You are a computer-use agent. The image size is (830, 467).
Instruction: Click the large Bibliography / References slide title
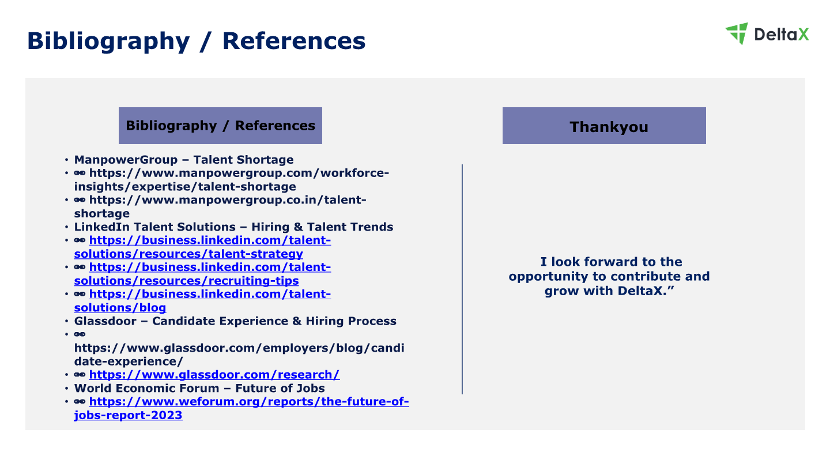tap(197, 41)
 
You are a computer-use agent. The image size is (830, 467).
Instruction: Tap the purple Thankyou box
tap(604, 126)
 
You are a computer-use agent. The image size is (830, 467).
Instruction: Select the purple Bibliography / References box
tap(220, 126)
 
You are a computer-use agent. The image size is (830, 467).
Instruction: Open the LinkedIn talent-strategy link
tap(202, 247)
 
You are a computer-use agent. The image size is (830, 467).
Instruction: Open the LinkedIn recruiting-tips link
tap(202, 274)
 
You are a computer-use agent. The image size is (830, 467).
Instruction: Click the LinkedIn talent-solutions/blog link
tap(202, 300)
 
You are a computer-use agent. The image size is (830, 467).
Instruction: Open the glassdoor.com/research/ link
tap(214, 375)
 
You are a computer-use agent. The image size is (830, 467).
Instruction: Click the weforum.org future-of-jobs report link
tap(241, 408)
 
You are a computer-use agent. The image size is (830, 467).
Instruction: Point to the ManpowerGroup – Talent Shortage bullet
tap(184, 160)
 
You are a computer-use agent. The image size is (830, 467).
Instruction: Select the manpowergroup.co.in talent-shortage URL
tap(220, 206)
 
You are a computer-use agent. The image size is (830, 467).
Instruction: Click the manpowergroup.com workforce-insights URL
tap(232, 180)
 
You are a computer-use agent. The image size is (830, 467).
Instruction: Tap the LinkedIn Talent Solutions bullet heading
tap(233, 227)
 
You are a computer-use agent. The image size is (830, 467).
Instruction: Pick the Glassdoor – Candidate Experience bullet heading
tap(235, 321)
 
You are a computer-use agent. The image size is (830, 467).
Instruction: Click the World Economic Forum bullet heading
tap(199, 389)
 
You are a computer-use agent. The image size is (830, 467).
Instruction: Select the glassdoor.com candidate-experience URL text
tap(239, 355)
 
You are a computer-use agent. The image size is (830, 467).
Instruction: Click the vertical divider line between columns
tap(462, 279)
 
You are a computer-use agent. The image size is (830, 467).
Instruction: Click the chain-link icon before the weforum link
tap(80, 401)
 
